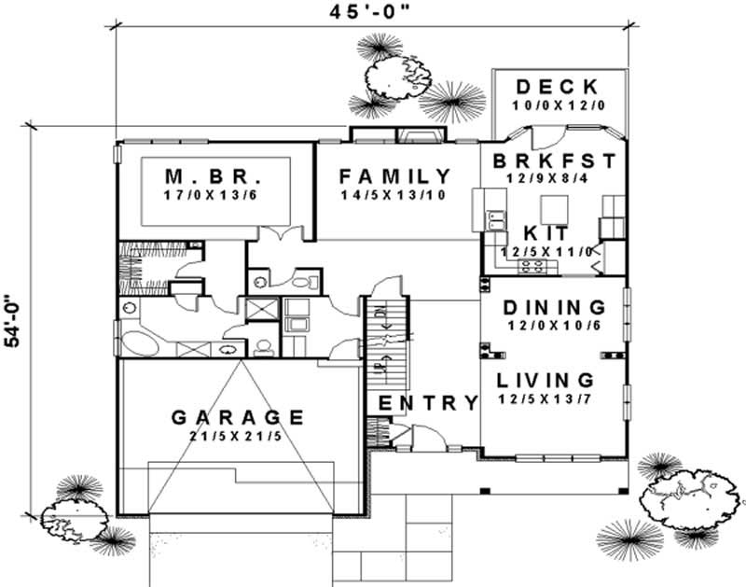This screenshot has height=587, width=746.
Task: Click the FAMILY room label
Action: click(x=394, y=176)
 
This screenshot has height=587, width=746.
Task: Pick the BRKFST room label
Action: click(x=556, y=160)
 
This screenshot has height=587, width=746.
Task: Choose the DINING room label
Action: click(x=554, y=307)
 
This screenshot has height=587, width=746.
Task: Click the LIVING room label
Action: click(x=545, y=380)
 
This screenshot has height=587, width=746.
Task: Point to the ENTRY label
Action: click(x=428, y=403)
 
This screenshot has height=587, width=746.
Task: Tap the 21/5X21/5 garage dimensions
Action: click(x=238, y=439)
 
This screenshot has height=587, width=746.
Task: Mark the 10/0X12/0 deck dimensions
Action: click(x=559, y=106)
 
